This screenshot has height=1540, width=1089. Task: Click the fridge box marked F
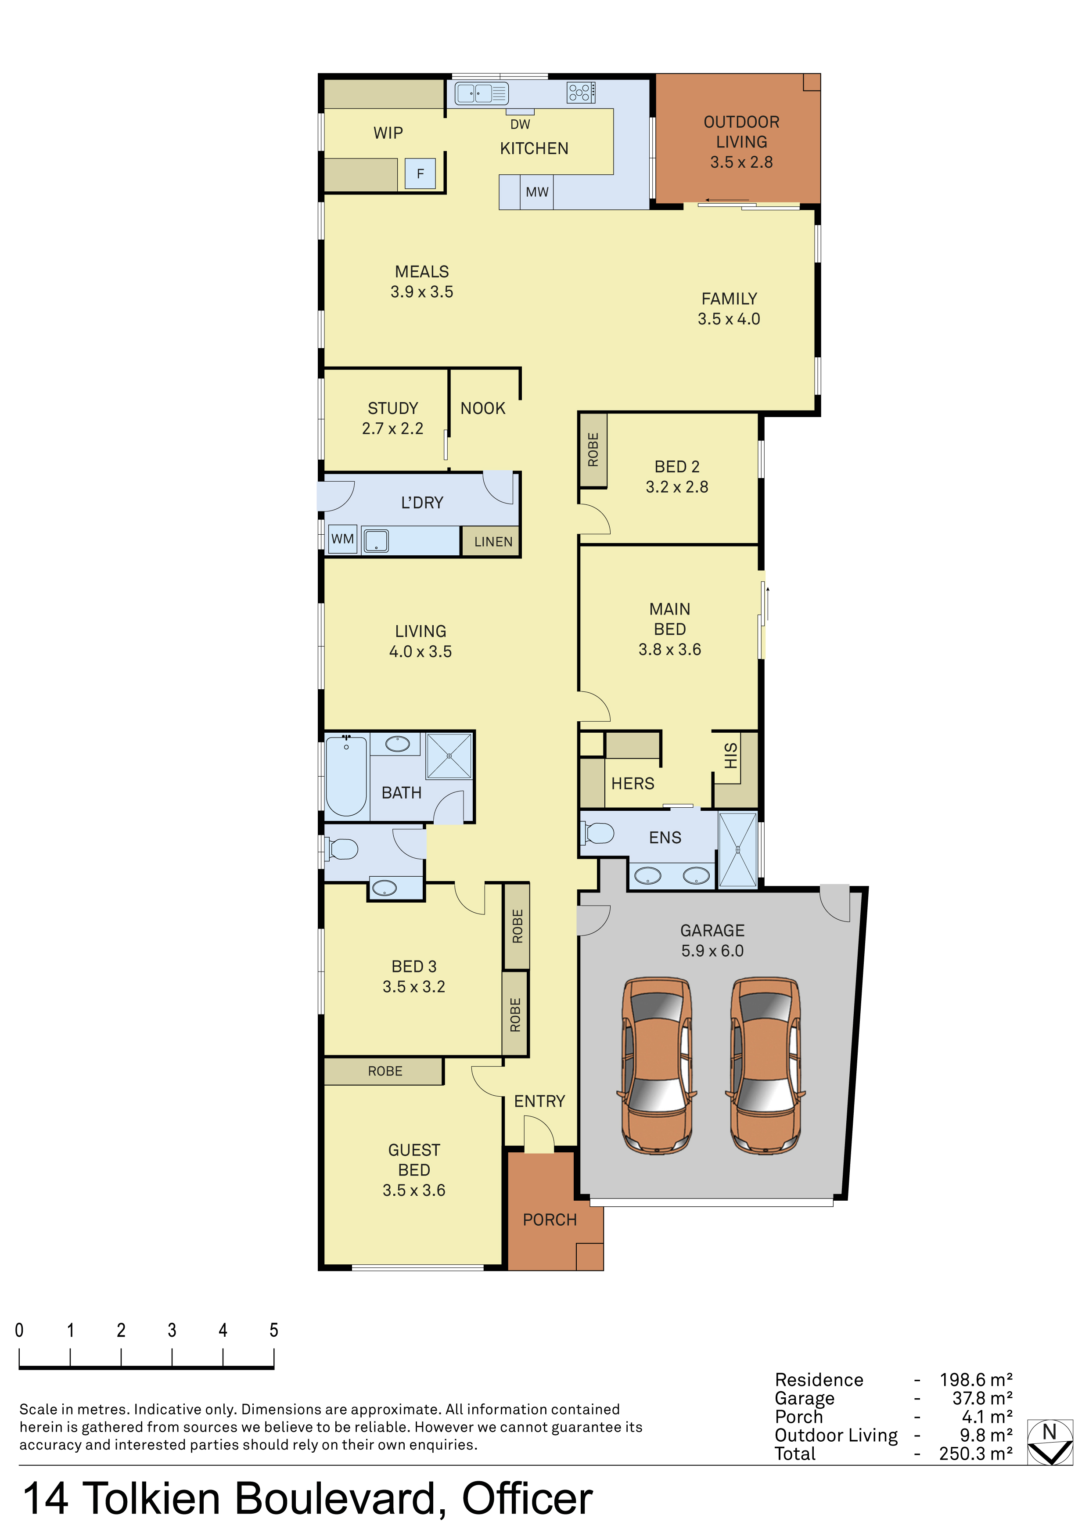(x=421, y=174)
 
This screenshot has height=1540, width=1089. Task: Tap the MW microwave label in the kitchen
(x=537, y=192)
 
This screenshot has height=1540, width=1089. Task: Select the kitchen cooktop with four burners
(x=581, y=93)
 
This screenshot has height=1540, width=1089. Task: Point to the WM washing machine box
(x=343, y=539)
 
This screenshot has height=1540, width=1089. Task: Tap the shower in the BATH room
(x=449, y=756)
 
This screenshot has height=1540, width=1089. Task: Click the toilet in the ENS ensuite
(x=598, y=834)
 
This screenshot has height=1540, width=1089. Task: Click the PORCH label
(x=550, y=1220)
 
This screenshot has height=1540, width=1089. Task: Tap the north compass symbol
(x=1050, y=1442)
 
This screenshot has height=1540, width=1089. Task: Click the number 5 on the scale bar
(x=273, y=1330)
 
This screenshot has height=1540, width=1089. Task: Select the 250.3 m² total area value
(x=976, y=1454)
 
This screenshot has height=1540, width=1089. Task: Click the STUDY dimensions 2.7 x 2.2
(x=393, y=428)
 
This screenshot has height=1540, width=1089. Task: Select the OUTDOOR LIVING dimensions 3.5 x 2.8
(x=742, y=162)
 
